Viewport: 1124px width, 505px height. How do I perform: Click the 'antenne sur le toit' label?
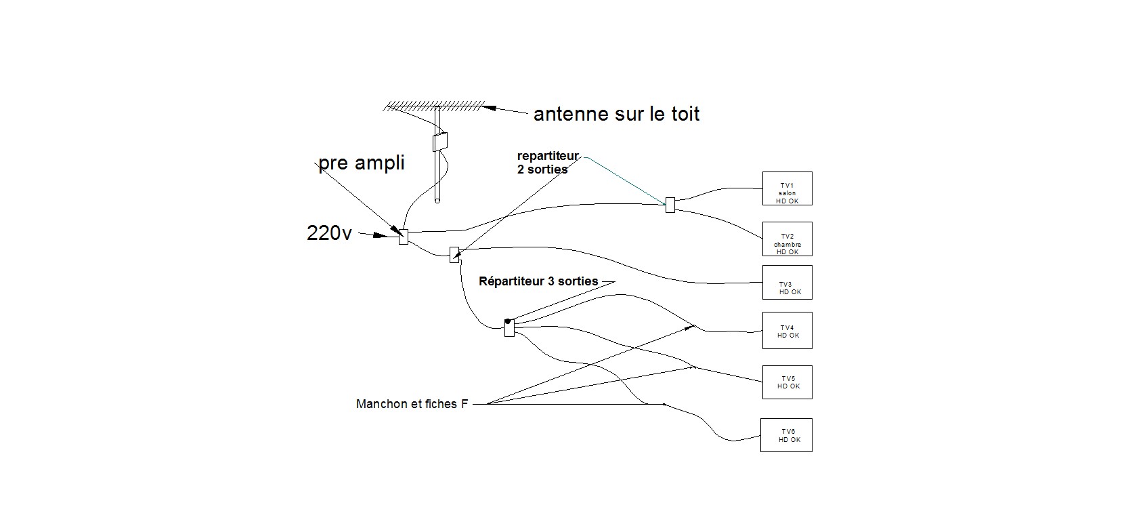pyautogui.click(x=616, y=114)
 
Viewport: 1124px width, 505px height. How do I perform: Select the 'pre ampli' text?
pyautogui.click(x=362, y=163)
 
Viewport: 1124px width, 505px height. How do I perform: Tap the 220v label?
pyautogui.click(x=329, y=233)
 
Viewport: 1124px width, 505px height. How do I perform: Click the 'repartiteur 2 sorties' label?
pyautogui.click(x=548, y=162)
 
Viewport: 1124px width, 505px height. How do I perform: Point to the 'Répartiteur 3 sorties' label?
pyautogui.click(x=538, y=281)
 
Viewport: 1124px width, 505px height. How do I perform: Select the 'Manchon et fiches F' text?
pyautogui.click(x=412, y=404)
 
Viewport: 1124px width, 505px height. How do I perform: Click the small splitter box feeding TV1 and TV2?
pyautogui.click(x=670, y=205)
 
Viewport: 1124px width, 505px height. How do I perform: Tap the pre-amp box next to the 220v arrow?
pyautogui.click(x=404, y=237)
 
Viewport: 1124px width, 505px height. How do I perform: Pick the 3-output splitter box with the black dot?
pyautogui.click(x=509, y=328)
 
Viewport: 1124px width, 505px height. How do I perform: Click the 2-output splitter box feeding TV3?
pyautogui.click(x=454, y=255)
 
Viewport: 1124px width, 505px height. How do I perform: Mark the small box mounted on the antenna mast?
pyautogui.click(x=440, y=142)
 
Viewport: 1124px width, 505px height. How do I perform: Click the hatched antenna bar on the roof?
pyautogui.click(x=435, y=106)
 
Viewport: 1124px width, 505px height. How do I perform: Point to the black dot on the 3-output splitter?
pyautogui.click(x=508, y=321)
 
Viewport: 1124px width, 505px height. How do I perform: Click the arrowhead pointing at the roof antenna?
pyautogui.click(x=490, y=108)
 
